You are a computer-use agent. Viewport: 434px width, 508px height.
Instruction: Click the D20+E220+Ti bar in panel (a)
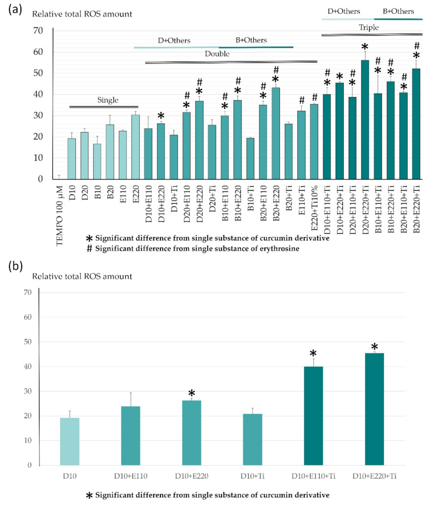tap(365, 119)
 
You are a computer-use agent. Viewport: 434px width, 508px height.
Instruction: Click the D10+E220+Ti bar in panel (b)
tap(374, 409)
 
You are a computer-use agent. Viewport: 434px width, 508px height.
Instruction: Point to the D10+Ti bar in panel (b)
tap(253, 439)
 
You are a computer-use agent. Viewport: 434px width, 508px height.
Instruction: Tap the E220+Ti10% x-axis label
tap(314, 208)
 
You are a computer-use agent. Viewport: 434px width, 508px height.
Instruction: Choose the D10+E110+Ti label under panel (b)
tap(313, 476)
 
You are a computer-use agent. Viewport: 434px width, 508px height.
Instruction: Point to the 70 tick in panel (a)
tap(38, 31)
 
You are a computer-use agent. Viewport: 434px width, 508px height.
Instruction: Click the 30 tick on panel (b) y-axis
tap(28, 391)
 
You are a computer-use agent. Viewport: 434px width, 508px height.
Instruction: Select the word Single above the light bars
tap(108, 100)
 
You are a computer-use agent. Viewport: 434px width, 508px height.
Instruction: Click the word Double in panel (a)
tap(217, 54)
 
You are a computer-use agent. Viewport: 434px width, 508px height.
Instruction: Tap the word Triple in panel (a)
tap(369, 27)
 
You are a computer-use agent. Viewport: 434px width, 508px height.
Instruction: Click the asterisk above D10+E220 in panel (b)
tap(192, 393)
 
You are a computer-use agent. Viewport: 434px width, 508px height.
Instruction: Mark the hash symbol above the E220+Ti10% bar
tap(315, 97)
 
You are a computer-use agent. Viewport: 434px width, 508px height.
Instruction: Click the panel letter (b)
tap(15, 267)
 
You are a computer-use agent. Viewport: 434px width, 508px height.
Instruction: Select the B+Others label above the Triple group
tap(398, 11)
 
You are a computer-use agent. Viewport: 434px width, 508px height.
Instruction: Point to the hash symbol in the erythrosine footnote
tap(90, 249)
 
